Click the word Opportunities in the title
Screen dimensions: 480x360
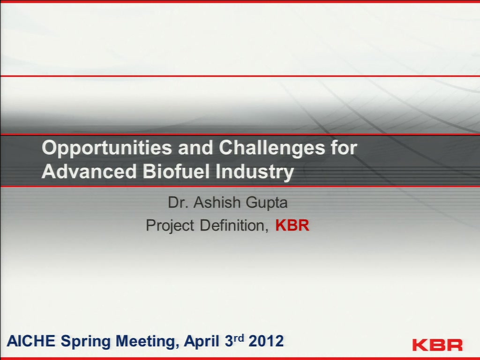pyautogui.click(x=107, y=148)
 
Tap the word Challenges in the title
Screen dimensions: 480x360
pyautogui.click(x=271, y=148)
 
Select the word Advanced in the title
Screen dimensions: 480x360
pyautogui.click(x=89, y=171)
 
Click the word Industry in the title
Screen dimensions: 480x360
pyautogui.click(x=255, y=172)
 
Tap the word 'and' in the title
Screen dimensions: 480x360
pyautogui.click(x=195, y=147)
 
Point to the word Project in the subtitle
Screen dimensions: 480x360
pyautogui.click(x=170, y=226)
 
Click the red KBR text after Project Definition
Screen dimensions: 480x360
pyautogui.click(x=292, y=225)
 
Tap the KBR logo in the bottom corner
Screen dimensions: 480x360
pyautogui.click(x=437, y=345)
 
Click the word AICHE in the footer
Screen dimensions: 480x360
pyautogui.click(x=31, y=341)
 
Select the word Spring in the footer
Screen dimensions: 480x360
pyautogui.click(x=85, y=342)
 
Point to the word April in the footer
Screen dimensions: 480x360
pyautogui.click(x=202, y=342)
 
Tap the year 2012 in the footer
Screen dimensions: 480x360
pyautogui.click(x=266, y=341)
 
